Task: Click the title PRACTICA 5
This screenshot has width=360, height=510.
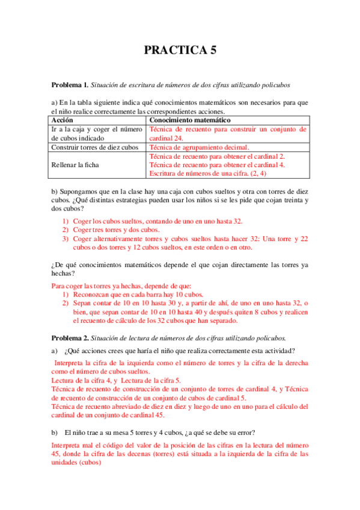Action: click(x=180, y=51)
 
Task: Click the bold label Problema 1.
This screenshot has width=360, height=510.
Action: click(x=70, y=84)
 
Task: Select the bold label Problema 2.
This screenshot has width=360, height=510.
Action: click(x=70, y=337)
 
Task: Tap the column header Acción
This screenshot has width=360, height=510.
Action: click(x=63, y=120)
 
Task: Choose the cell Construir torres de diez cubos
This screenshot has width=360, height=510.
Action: click(x=95, y=147)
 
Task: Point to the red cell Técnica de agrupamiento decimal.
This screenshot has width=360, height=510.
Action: click(x=199, y=147)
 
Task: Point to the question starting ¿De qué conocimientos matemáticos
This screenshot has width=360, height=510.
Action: click(x=180, y=264)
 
